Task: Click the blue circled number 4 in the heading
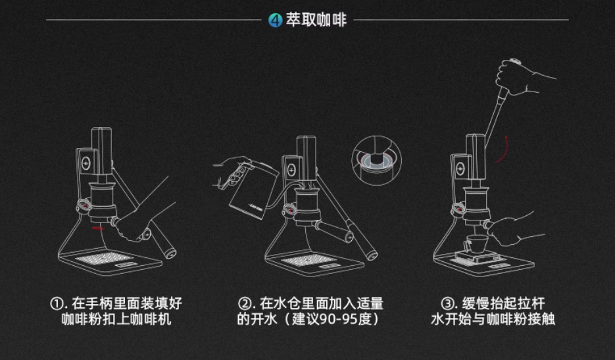pyautogui.click(x=276, y=20)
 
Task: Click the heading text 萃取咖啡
pyautogui.click(x=316, y=20)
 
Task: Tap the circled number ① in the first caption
pyautogui.click(x=57, y=303)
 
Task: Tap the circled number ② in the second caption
pyautogui.click(x=245, y=303)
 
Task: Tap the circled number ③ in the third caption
pyautogui.click(x=447, y=303)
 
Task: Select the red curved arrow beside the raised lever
pyautogui.click(x=503, y=149)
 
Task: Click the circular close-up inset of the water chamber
pyautogui.click(x=376, y=160)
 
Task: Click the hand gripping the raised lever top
pyautogui.click(x=522, y=78)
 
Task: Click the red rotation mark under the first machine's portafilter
pyautogui.click(x=97, y=228)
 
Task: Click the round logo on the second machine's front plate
pyautogui.click(x=291, y=170)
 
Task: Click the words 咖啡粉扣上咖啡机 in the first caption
pyautogui.click(x=116, y=319)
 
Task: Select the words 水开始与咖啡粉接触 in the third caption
pyautogui.click(x=493, y=319)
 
